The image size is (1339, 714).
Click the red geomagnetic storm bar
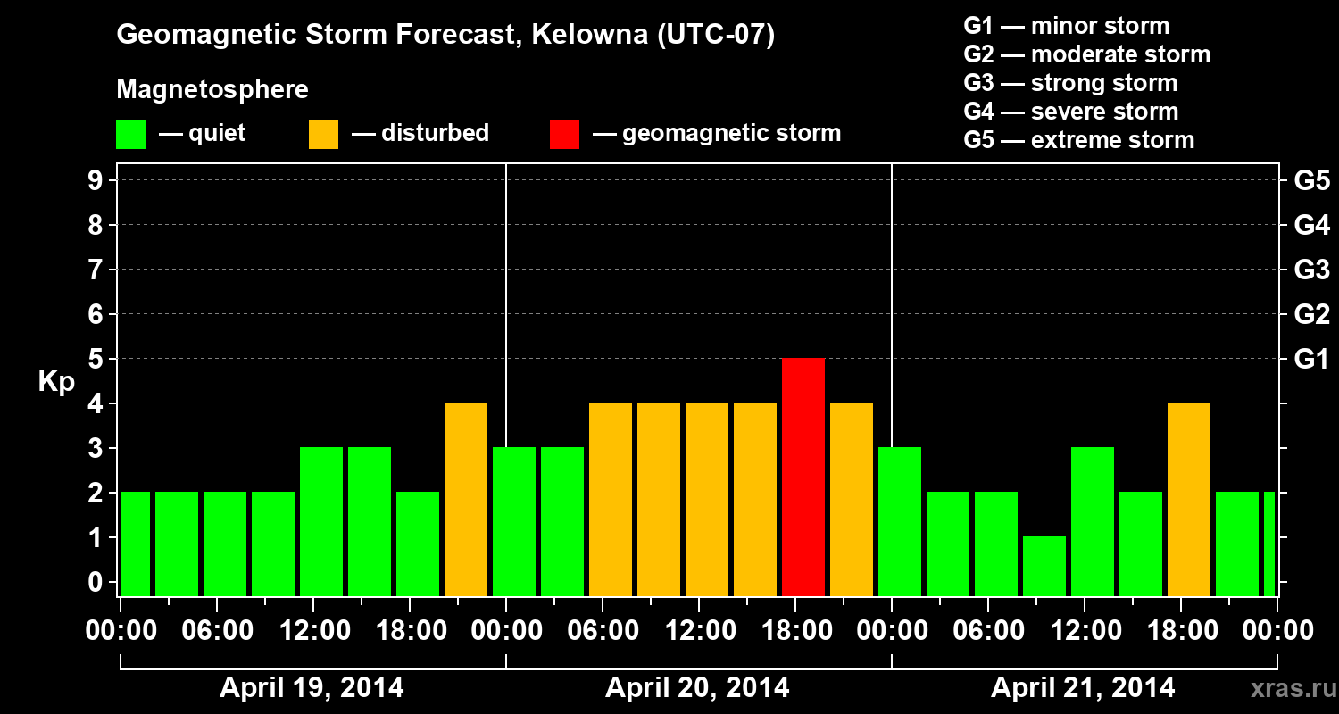[803, 477]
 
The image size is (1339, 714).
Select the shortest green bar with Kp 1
[1044, 566]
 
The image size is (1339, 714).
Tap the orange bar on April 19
[466, 499]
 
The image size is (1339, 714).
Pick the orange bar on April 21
[1188, 499]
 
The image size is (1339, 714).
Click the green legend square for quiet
[130, 134]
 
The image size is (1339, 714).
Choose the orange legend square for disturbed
[323, 134]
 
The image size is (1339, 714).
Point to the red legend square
[564, 134]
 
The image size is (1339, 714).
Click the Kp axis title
[56, 381]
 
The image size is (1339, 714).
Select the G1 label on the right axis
[1311, 359]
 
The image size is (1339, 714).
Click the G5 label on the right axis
[1311, 180]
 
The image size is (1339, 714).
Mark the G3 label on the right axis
[1311, 270]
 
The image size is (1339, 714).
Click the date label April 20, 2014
[697, 688]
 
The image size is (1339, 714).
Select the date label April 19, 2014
[312, 688]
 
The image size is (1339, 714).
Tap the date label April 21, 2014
[1083, 688]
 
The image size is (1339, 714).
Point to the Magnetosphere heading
[212, 90]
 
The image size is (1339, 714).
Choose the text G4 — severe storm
[1071, 112]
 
